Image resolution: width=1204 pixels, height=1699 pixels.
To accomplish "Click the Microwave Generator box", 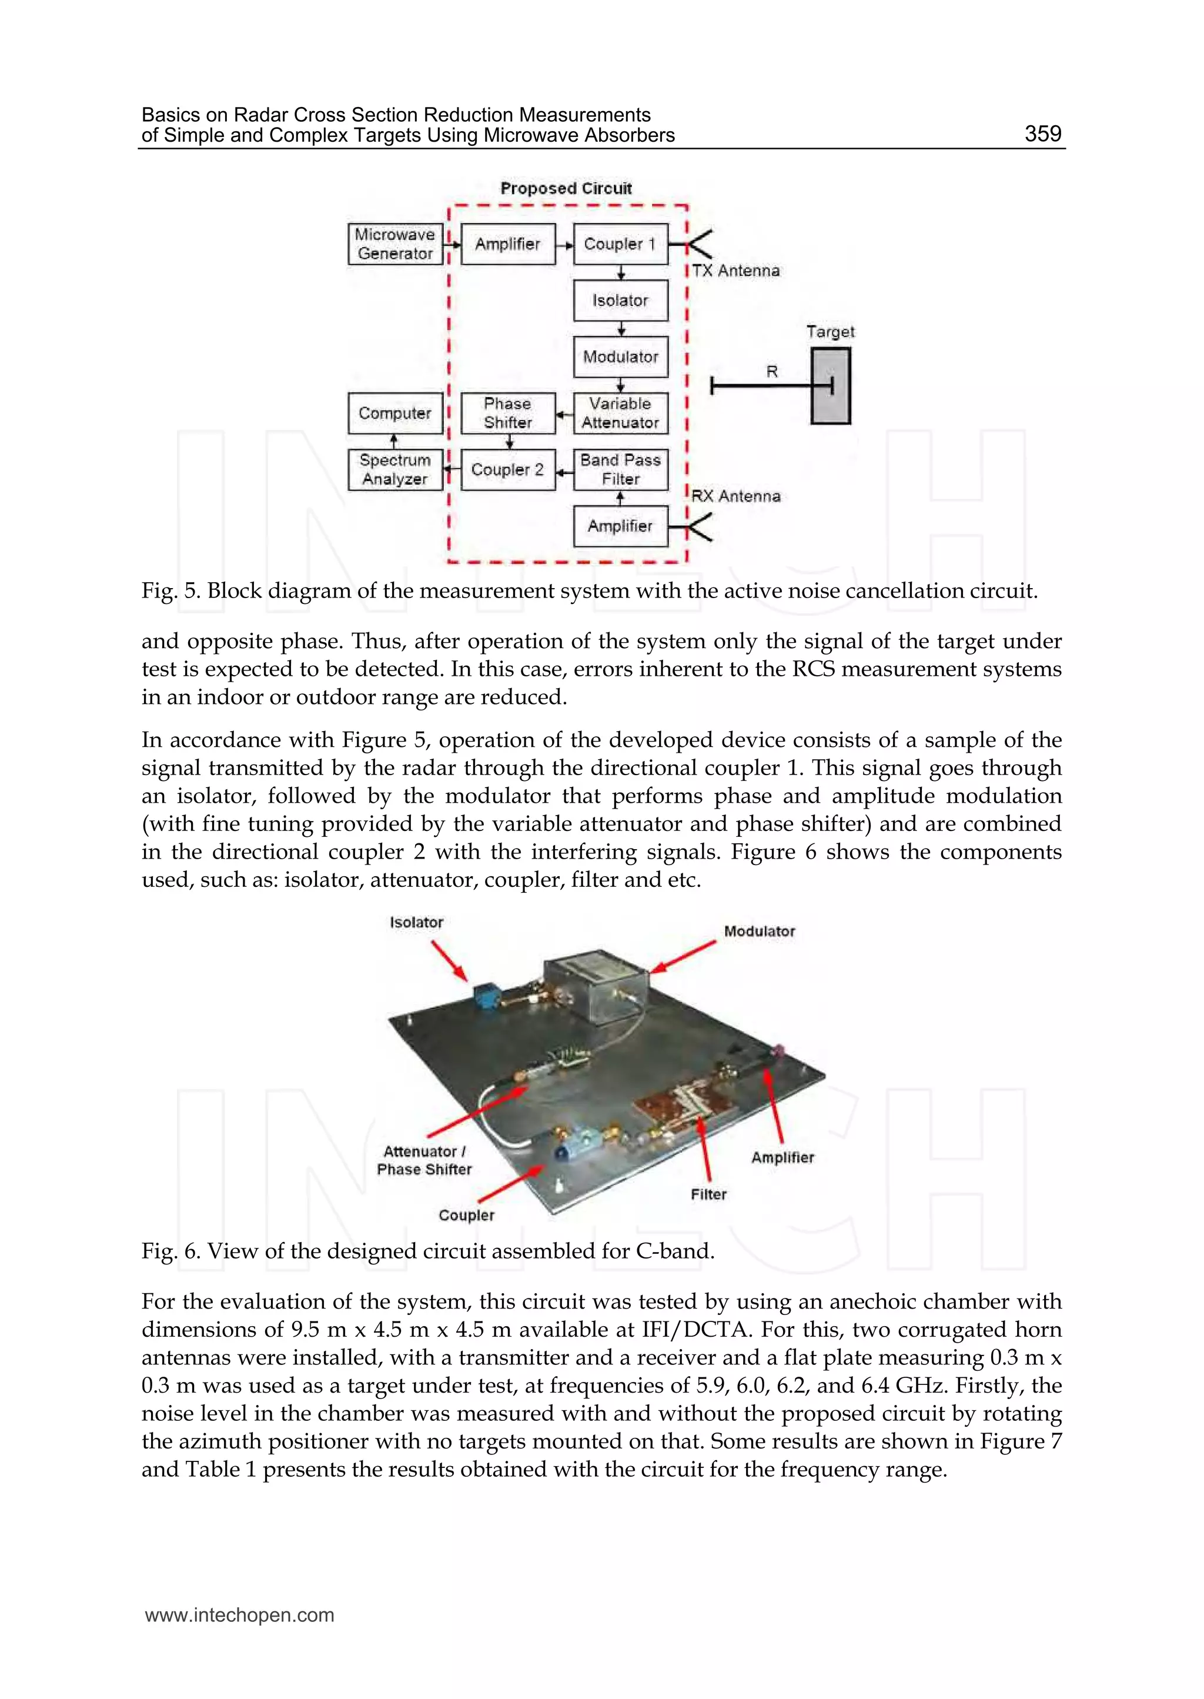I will pyautogui.click(x=395, y=244).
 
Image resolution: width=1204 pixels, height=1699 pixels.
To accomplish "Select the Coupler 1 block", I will pyautogui.click(x=621, y=244).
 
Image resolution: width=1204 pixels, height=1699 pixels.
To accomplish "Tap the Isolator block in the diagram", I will pyautogui.click(x=621, y=301).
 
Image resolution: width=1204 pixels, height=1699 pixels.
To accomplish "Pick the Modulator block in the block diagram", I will pyautogui.click(x=621, y=357).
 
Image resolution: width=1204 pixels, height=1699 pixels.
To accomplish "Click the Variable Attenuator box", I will pyautogui.click(x=621, y=413).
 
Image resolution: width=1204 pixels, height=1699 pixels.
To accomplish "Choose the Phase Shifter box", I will pyautogui.click(x=508, y=413).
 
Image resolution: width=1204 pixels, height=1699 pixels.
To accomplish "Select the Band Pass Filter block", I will pyautogui.click(x=621, y=469).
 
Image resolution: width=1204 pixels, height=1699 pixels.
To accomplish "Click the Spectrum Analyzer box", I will pyautogui.click(x=395, y=469).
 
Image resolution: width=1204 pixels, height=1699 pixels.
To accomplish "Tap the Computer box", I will pyautogui.click(x=395, y=413).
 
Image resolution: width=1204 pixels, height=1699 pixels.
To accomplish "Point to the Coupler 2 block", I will pyautogui.click(x=508, y=469).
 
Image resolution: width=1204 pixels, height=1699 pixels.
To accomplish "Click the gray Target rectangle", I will pyautogui.click(x=830, y=386).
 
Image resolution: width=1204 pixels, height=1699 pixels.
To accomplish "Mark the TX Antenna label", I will pyautogui.click(x=735, y=271).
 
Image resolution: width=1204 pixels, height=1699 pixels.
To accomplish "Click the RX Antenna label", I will pyautogui.click(x=735, y=496).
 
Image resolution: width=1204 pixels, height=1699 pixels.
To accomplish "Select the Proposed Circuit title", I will pyautogui.click(x=566, y=188).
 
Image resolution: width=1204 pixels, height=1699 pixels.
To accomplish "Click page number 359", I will pyautogui.click(x=1042, y=133).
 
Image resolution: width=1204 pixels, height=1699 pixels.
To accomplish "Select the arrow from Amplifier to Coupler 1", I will pyautogui.click(x=565, y=245).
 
